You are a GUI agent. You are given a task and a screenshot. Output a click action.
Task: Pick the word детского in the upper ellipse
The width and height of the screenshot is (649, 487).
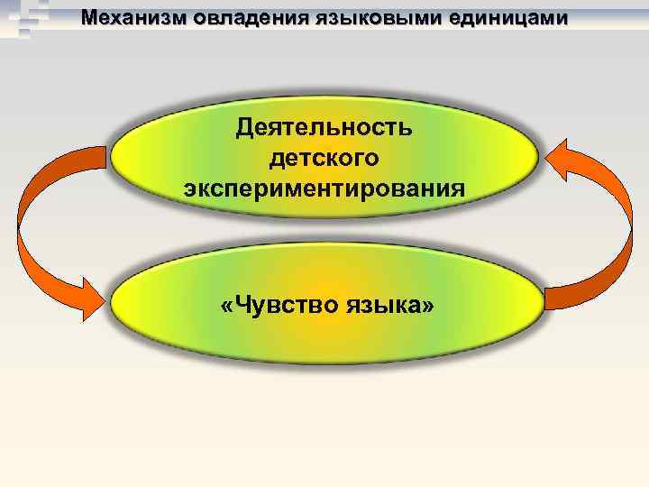click(x=324, y=158)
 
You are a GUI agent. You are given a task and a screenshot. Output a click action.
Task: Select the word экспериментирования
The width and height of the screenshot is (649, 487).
click(x=324, y=189)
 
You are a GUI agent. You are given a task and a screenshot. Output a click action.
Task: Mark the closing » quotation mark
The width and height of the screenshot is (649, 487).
click(x=426, y=307)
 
